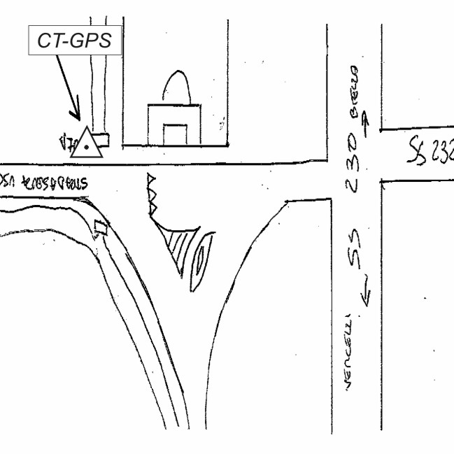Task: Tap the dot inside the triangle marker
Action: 87,147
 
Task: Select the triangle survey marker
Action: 87,144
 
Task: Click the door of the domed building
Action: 174,134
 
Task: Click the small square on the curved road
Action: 101,227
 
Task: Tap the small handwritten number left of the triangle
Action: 66,146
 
